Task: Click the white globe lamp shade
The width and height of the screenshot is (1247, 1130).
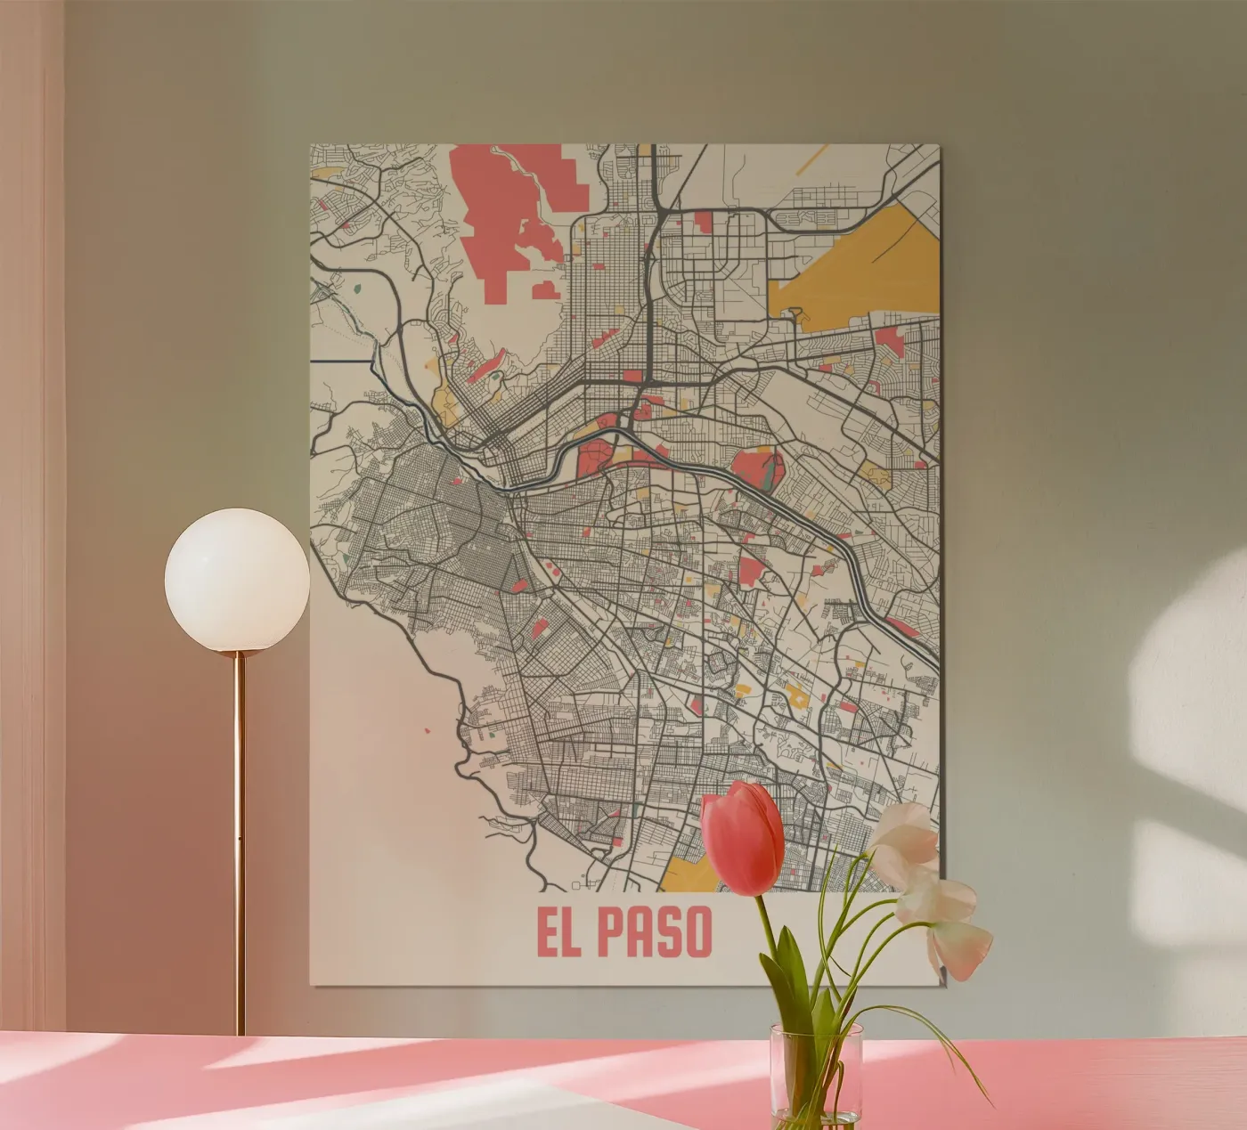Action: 237,579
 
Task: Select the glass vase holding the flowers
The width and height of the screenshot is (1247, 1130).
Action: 816,1076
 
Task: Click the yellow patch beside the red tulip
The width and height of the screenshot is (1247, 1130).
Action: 686,873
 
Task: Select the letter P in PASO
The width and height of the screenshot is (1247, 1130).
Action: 610,932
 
